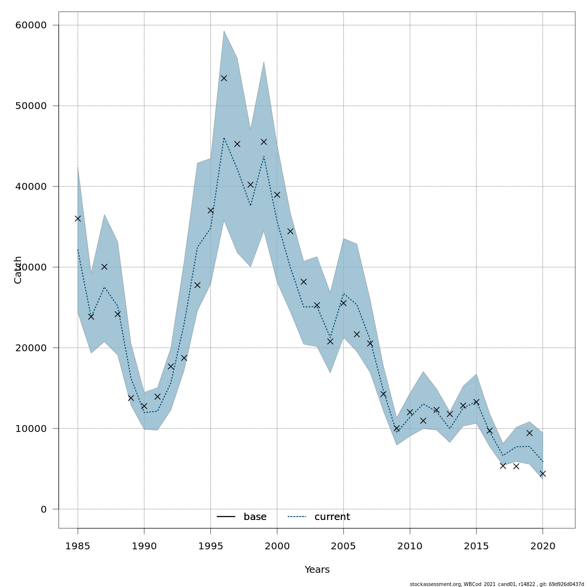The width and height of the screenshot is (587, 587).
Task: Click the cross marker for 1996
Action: pyautogui.click(x=224, y=78)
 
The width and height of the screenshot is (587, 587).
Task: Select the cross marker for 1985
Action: pyautogui.click(x=78, y=219)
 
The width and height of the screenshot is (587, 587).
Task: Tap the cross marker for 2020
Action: pyautogui.click(x=542, y=474)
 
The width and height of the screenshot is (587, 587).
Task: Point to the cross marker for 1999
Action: pyautogui.click(x=264, y=142)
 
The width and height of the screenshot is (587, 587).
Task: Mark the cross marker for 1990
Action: pyautogui.click(x=144, y=406)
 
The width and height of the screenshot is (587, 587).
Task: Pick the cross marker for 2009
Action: pyautogui.click(x=397, y=428)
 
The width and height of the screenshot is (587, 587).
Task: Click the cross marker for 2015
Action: pyautogui.click(x=476, y=402)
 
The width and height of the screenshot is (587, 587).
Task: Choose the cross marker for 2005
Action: pyautogui.click(x=343, y=303)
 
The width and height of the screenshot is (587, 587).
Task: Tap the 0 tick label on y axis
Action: pyautogui.click(x=44, y=509)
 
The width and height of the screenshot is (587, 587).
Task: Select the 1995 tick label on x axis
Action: pyautogui.click(x=210, y=546)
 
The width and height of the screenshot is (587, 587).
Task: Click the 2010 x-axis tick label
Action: pyautogui.click(x=410, y=546)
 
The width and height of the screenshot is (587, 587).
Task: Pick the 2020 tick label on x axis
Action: pyautogui.click(x=542, y=546)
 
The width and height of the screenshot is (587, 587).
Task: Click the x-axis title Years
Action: pyautogui.click(x=317, y=570)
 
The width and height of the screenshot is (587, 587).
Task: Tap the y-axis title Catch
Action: pyautogui.click(x=18, y=270)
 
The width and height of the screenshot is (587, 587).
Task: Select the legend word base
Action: pyautogui.click(x=255, y=517)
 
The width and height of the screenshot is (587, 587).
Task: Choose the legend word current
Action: pyautogui.click(x=332, y=517)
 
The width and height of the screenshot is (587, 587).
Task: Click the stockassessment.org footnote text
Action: pyautogui.click(x=497, y=584)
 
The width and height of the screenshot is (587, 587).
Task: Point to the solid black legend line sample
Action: pyautogui.click(x=226, y=517)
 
